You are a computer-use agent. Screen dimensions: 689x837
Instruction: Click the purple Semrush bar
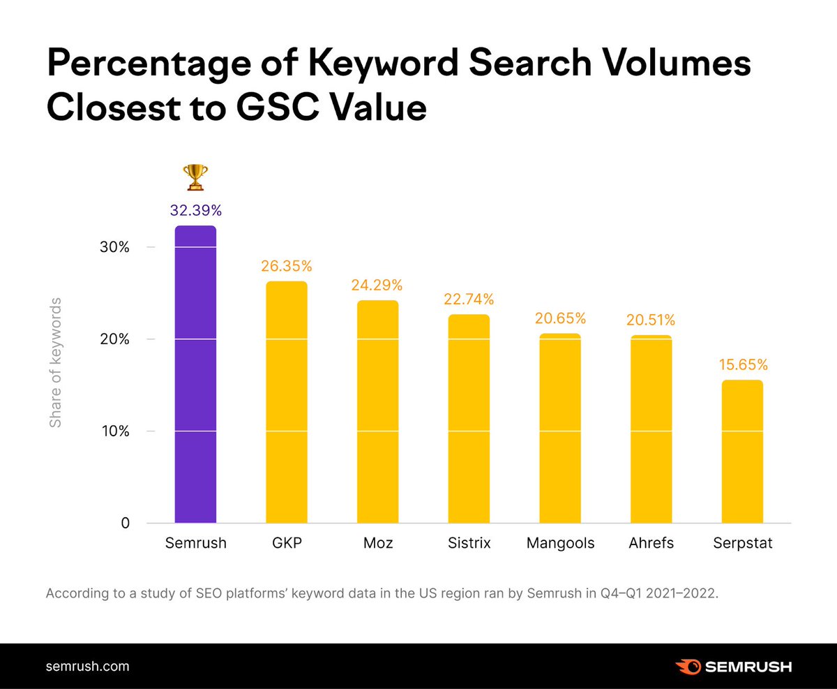(195, 374)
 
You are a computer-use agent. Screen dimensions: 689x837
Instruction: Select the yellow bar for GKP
(287, 402)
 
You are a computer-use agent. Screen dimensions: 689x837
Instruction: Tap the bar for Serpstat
(742, 451)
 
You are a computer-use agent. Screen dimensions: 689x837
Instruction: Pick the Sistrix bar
(469, 419)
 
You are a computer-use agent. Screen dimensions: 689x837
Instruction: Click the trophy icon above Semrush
(195, 177)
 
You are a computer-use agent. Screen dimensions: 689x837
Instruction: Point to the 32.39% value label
(195, 210)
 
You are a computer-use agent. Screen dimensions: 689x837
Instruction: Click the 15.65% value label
(742, 364)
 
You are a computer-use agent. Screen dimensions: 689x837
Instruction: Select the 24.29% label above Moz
(377, 285)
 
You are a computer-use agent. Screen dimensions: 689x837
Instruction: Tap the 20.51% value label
(651, 320)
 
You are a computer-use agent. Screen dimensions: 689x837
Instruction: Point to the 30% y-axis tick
(115, 247)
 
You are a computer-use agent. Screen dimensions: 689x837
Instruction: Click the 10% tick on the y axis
(115, 431)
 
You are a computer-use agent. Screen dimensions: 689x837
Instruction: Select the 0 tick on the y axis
(126, 523)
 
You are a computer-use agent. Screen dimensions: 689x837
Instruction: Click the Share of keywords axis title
(56, 362)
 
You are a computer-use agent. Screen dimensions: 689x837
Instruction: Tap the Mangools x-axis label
(560, 543)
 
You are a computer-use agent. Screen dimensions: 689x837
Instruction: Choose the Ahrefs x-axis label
(651, 543)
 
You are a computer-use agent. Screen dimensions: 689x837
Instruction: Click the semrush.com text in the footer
(87, 666)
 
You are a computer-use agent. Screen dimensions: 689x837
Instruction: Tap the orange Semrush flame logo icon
(688, 666)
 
